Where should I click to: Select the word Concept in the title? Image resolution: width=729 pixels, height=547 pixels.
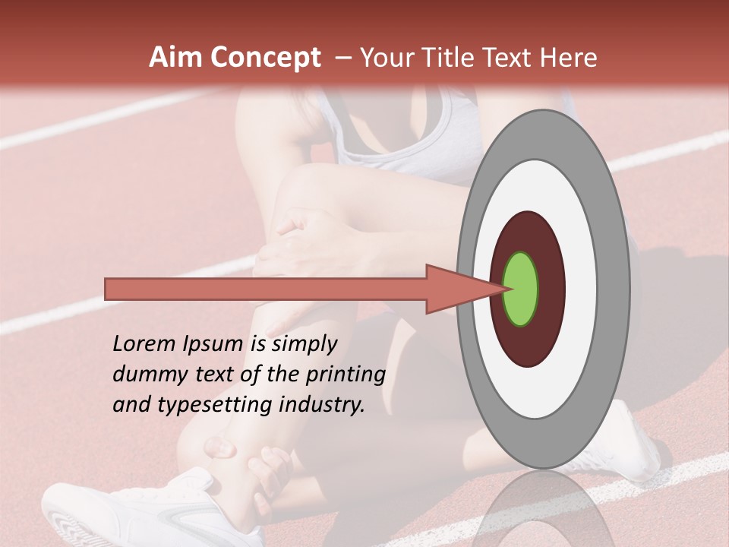(265, 58)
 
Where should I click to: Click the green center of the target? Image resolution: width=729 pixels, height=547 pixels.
(521, 289)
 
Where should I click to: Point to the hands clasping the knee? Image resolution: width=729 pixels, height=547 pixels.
(304, 243)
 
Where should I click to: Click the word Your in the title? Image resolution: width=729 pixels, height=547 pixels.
(387, 58)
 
